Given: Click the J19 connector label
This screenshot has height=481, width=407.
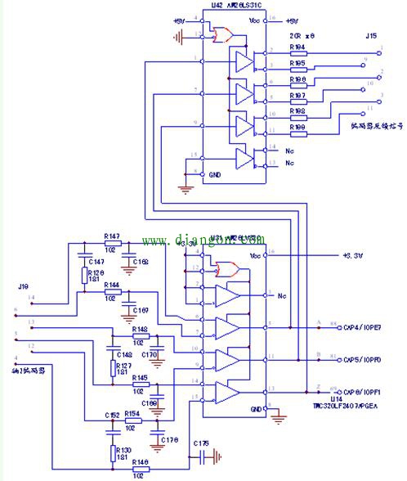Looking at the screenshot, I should pos(24,286).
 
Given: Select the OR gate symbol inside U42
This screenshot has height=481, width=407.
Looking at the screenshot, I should pos(221,35).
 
